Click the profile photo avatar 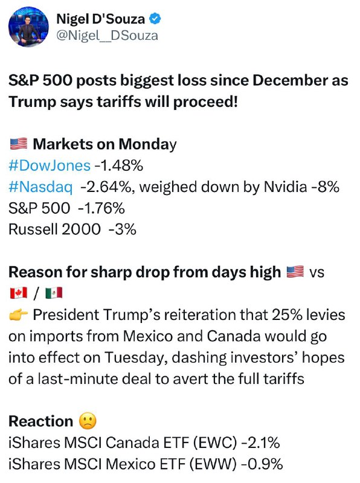click(28, 27)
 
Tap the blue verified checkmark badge click(155, 19)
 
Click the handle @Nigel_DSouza click(108, 36)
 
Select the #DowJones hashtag click(50, 165)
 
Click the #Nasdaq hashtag click(40, 187)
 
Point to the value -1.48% click(118, 165)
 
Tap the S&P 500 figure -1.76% click(101, 208)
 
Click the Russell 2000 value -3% click(123, 229)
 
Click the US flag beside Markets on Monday click(19, 144)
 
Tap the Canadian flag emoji click(19, 293)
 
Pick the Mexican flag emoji click(54, 293)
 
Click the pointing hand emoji click(19, 315)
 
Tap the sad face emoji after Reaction click(88, 421)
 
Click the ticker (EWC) click(215, 443)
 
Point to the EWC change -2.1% click(260, 443)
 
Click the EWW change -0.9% click(263, 464)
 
